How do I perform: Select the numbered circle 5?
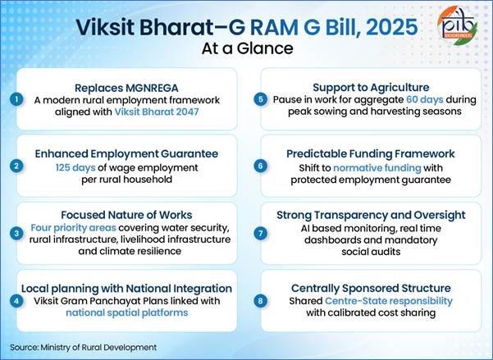pyautogui.click(x=261, y=99)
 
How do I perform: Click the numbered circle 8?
pyautogui.click(x=261, y=301)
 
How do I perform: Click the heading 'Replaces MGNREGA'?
pyautogui.click(x=129, y=86)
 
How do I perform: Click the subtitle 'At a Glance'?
pyautogui.click(x=247, y=48)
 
